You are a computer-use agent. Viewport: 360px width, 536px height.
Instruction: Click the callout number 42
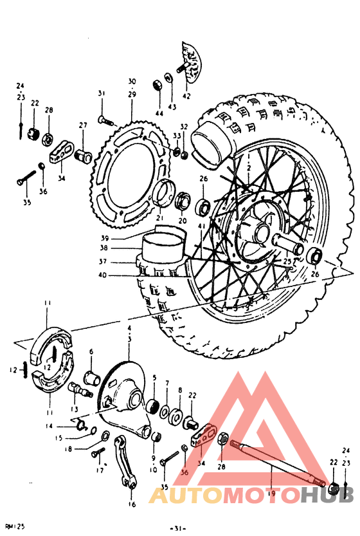(186, 96)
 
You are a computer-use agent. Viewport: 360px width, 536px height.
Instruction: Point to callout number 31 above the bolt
(101, 93)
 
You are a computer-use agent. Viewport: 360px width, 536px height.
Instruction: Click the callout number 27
(83, 125)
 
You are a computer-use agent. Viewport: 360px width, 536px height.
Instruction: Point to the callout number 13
(75, 409)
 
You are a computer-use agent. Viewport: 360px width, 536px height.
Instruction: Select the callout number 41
(201, 226)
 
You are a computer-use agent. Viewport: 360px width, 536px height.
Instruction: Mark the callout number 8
(180, 391)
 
